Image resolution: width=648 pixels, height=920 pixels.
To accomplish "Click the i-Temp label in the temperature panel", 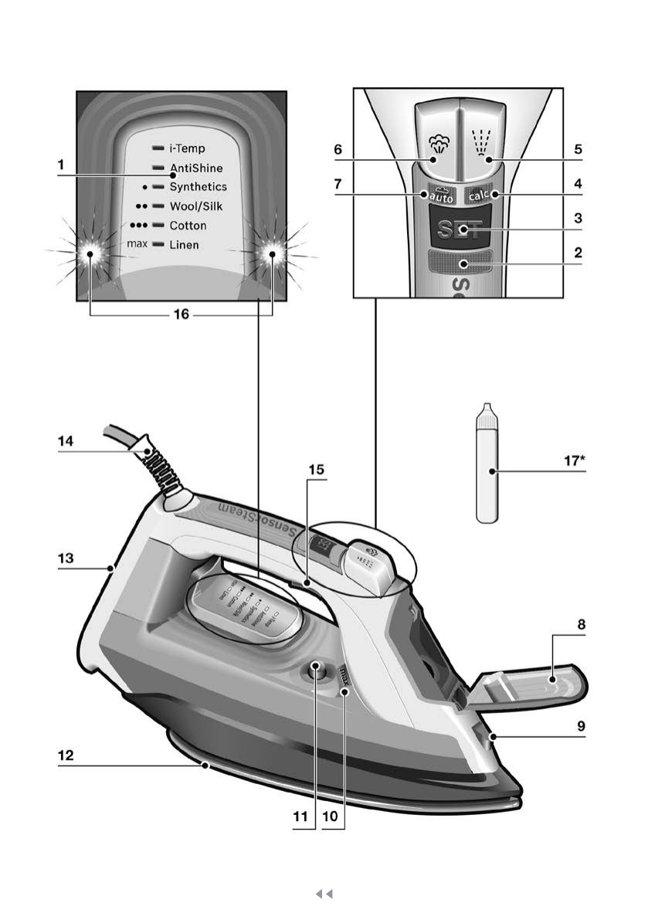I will tap(187, 147).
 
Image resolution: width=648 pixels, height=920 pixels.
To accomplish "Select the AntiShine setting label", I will tap(196, 167).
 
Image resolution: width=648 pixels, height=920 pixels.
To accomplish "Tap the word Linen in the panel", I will tap(185, 245).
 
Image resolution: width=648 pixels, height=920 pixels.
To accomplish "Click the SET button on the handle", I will tap(460, 229).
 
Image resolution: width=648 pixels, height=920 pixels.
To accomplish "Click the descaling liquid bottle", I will tap(486, 471).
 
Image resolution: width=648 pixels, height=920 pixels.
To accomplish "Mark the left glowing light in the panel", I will tap(90, 253).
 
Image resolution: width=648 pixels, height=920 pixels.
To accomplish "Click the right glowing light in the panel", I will tap(272, 253).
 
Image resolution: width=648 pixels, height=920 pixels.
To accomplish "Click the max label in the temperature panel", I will tap(137, 245).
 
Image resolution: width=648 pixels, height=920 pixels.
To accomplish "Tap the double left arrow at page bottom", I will tap(324, 894).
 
